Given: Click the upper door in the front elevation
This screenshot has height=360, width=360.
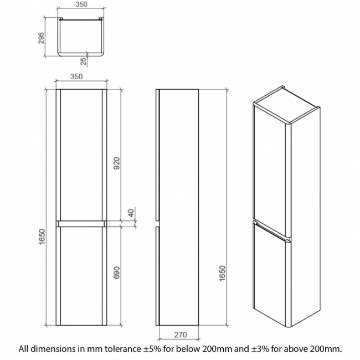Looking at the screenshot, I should pyautogui.click(x=80, y=155).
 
